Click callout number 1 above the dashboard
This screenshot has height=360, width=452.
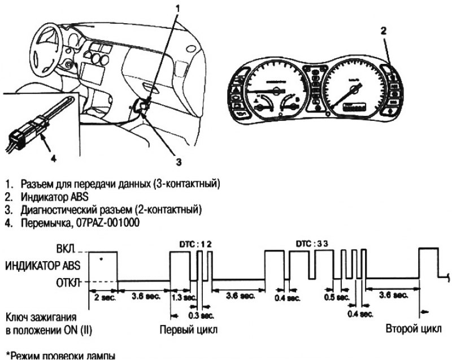point(180,8)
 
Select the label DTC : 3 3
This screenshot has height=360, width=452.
point(312,243)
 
